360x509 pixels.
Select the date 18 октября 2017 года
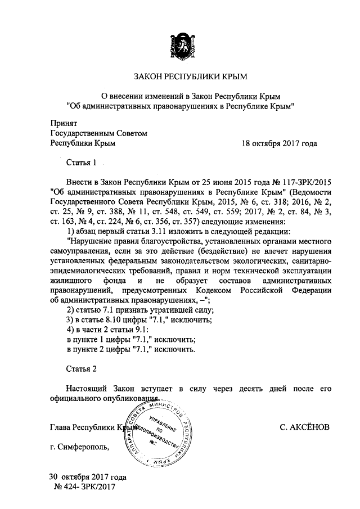(x=279, y=143)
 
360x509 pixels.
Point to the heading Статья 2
(x=82, y=369)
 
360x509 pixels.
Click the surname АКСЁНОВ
(x=304, y=427)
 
